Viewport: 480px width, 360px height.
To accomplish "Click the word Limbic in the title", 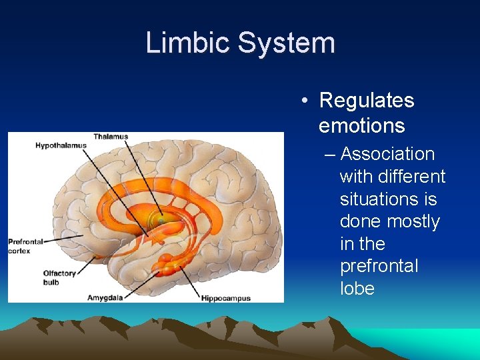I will click(187, 43).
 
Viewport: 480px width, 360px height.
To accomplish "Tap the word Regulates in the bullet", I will click(367, 101).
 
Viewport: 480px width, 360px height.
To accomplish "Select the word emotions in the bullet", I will click(361, 125).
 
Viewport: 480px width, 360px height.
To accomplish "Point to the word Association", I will click(387, 154).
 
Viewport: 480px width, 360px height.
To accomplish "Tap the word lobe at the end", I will click(357, 289).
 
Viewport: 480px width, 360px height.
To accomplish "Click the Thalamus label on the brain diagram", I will click(110, 137).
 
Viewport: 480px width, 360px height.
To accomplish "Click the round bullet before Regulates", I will click(303, 101).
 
